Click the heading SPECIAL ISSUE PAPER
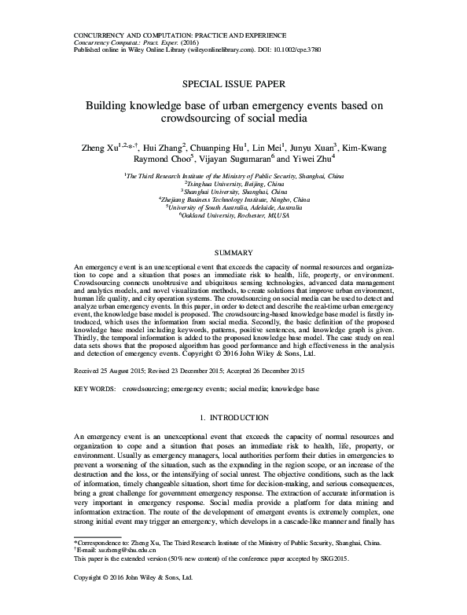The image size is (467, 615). point(233,82)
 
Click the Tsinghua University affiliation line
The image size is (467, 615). point(233,183)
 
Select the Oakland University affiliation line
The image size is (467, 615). point(233,214)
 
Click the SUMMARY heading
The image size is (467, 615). point(233,253)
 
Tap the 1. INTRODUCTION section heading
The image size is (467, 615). point(233,415)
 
